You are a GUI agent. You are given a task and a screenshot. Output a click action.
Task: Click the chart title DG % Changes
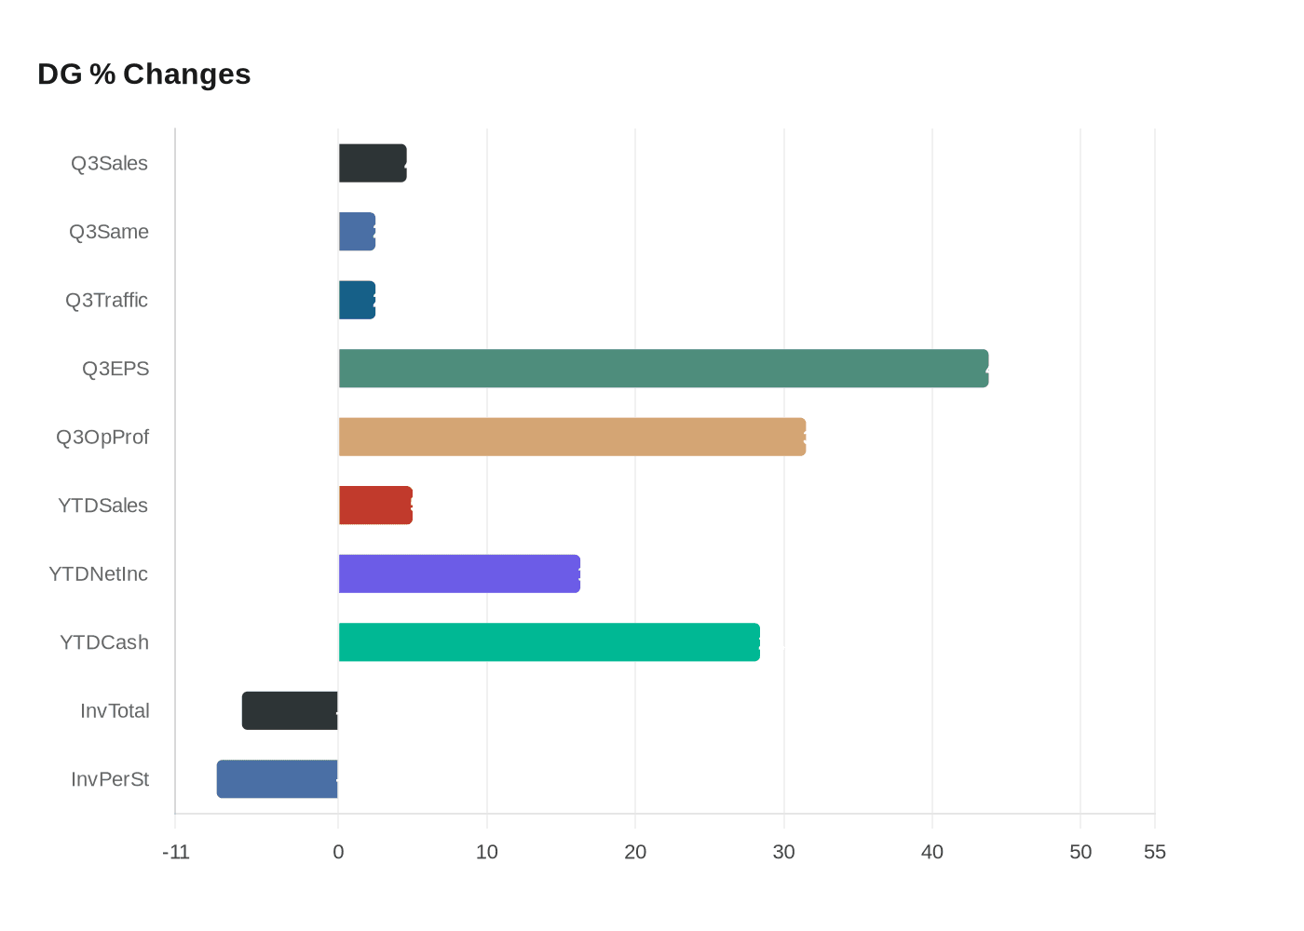coord(144,74)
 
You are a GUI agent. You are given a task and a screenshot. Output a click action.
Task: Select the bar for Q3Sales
coord(373,163)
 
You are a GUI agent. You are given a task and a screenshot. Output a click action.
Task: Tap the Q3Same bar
coord(357,232)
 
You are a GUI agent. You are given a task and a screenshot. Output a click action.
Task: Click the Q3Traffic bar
coord(357,300)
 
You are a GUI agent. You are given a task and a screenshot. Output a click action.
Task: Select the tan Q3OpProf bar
coord(572,437)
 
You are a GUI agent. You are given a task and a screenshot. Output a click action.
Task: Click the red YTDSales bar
coord(375,506)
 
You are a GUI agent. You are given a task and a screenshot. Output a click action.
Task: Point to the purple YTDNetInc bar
coord(459,573)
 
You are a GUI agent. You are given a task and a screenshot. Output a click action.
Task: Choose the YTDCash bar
coord(549,642)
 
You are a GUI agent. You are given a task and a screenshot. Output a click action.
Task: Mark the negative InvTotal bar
coord(290,710)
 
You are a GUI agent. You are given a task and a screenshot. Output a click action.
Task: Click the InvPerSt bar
coord(278,779)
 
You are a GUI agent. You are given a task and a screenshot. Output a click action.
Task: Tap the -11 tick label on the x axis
coord(175,852)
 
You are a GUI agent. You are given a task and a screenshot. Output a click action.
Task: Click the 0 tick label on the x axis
coord(338,852)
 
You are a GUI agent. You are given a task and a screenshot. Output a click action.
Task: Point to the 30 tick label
coord(783,852)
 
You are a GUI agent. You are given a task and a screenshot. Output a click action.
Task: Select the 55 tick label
coord(1155,852)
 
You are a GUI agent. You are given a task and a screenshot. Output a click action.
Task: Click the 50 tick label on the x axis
coord(1080,852)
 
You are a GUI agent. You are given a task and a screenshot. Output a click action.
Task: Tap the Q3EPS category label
coord(115,369)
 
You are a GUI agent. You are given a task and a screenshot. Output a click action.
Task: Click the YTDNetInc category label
coord(99,574)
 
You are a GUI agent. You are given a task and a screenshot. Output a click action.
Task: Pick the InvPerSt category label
coord(110,779)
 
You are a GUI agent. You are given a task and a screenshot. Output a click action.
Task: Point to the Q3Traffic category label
coord(106,301)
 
